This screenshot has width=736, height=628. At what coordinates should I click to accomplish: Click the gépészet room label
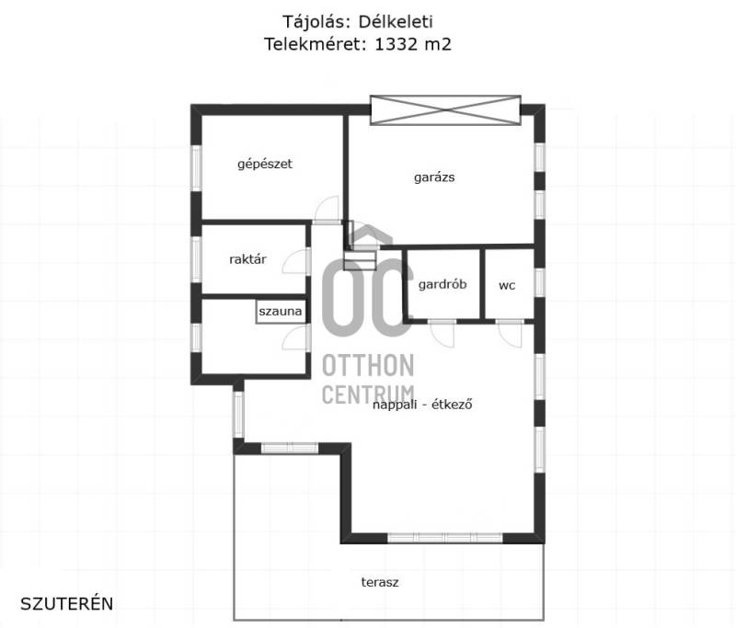pos(265,165)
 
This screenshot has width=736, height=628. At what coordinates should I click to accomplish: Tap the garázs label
pos(434,177)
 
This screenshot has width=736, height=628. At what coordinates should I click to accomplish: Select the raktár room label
pos(247,259)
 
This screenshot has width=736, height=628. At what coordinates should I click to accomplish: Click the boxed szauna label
pos(281,312)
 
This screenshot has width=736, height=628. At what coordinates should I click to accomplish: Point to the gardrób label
pos(443,284)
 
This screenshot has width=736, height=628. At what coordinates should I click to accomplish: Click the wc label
pos(507,286)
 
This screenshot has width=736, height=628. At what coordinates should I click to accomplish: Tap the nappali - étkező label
pos(422,405)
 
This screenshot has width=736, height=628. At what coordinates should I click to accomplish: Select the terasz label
pos(380,583)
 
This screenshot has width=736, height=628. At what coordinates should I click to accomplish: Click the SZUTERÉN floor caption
pos(66,603)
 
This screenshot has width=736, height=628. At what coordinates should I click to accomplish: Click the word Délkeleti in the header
pos(396,21)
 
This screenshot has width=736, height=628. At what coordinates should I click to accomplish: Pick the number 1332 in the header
pos(396,44)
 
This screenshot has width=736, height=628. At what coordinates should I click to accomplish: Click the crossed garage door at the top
pos(445,110)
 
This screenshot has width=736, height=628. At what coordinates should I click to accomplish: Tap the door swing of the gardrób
pos(443,334)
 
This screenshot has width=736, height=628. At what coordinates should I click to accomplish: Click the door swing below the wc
pos(510,334)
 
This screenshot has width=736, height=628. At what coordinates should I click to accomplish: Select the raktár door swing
pos(295,261)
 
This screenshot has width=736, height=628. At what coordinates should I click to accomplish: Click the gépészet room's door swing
pos(327,210)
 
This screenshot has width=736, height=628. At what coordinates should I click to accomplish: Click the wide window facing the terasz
pos(445,538)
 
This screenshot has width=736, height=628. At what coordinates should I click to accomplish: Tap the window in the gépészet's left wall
pos(196,168)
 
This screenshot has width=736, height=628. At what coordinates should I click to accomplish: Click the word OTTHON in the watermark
pos(368,365)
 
